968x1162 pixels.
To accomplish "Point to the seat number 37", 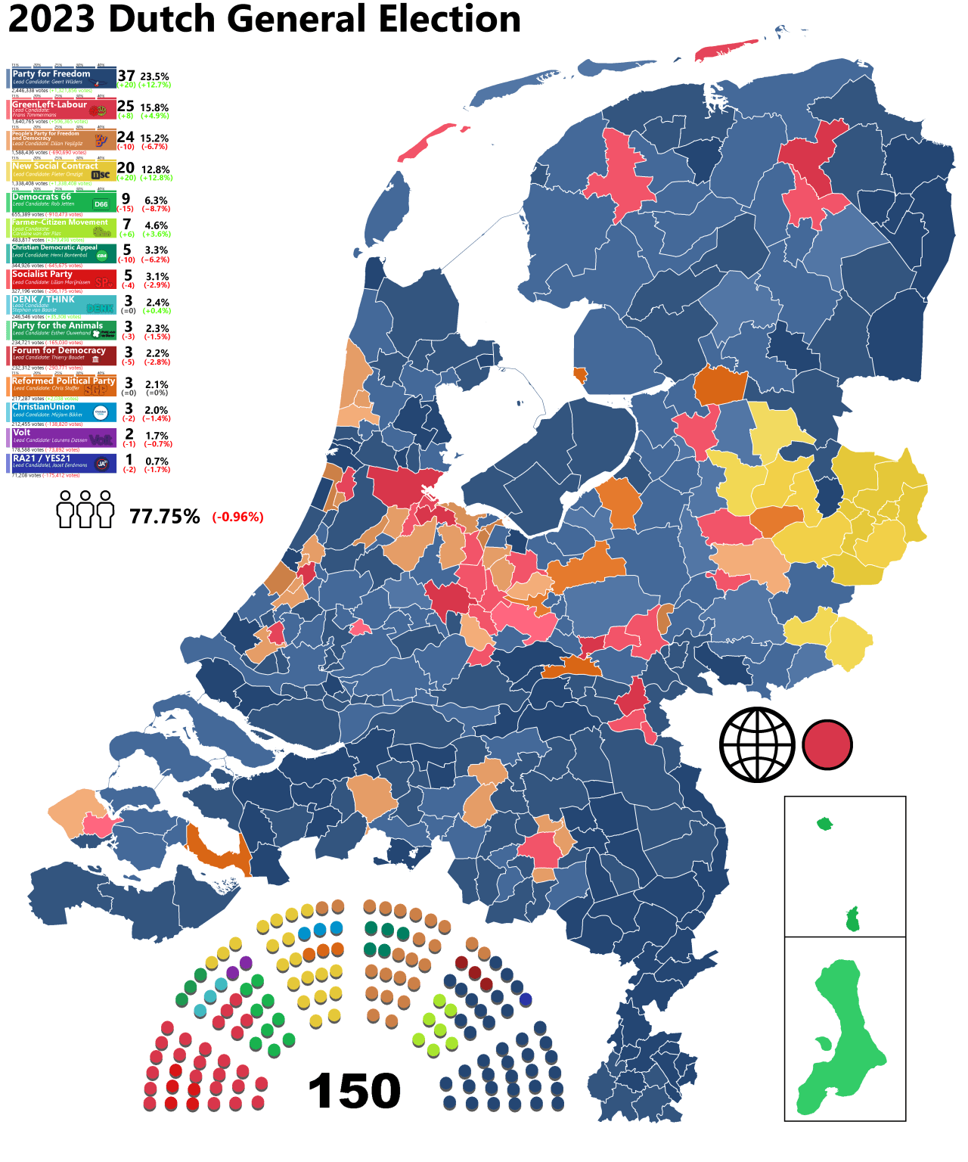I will [126, 76].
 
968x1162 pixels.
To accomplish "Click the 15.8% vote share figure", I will [154, 107].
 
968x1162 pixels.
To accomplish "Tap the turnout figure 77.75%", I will [165, 517].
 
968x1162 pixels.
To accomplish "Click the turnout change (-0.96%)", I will [237, 517].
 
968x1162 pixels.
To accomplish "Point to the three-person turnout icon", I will [85, 509].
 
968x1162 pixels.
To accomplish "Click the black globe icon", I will [756, 744].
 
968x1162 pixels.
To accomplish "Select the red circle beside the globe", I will [827, 744].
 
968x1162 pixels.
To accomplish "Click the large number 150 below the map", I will [354, 1091].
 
